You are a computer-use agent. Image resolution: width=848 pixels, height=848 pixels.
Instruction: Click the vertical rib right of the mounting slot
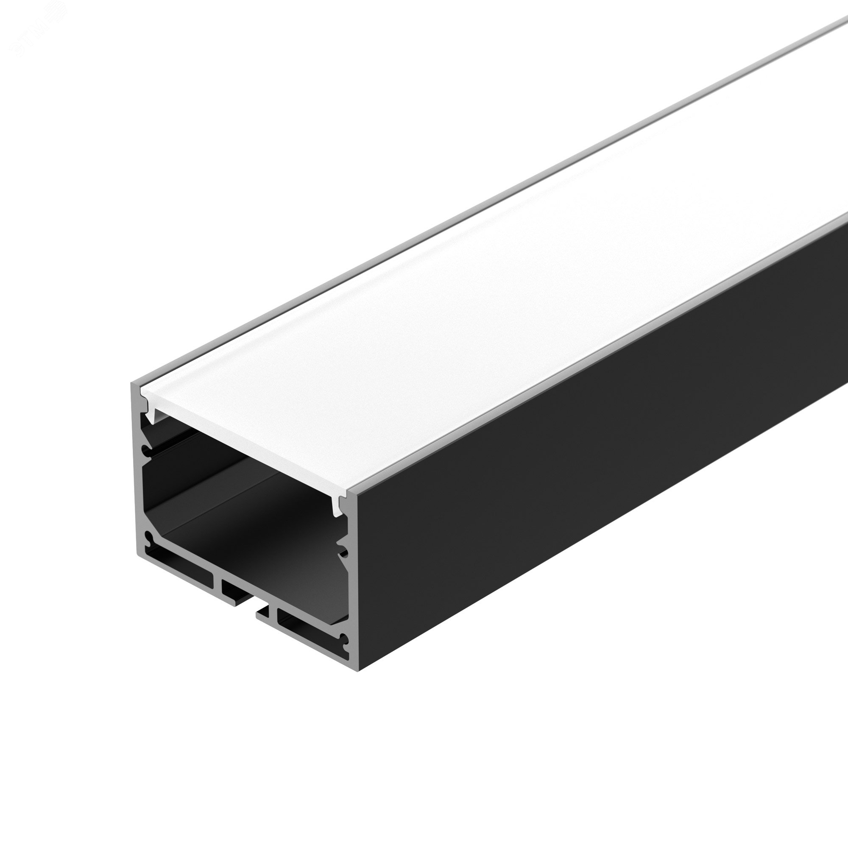[x=272, y=614]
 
